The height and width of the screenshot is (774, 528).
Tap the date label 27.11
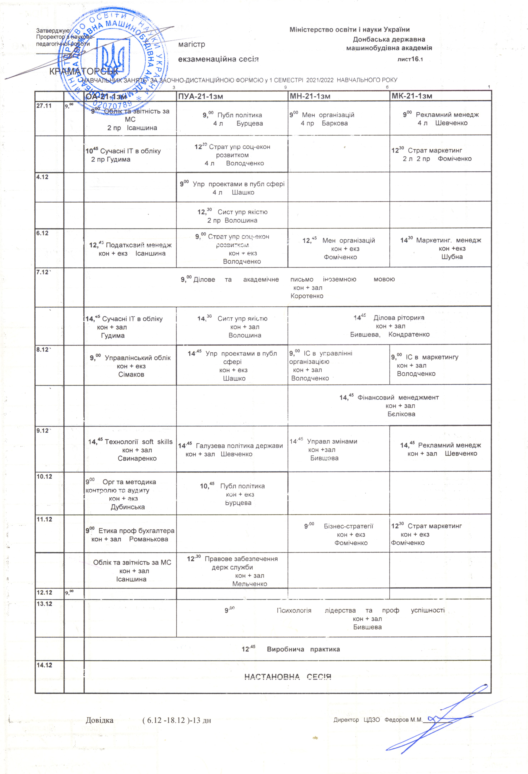coord(44,106)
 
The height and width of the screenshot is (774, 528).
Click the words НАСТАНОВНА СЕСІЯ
coord(288,677)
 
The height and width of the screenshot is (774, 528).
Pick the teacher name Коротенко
coord(307,296)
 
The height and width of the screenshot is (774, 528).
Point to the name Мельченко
coord(250,584)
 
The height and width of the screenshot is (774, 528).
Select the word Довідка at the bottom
coord(100,720)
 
